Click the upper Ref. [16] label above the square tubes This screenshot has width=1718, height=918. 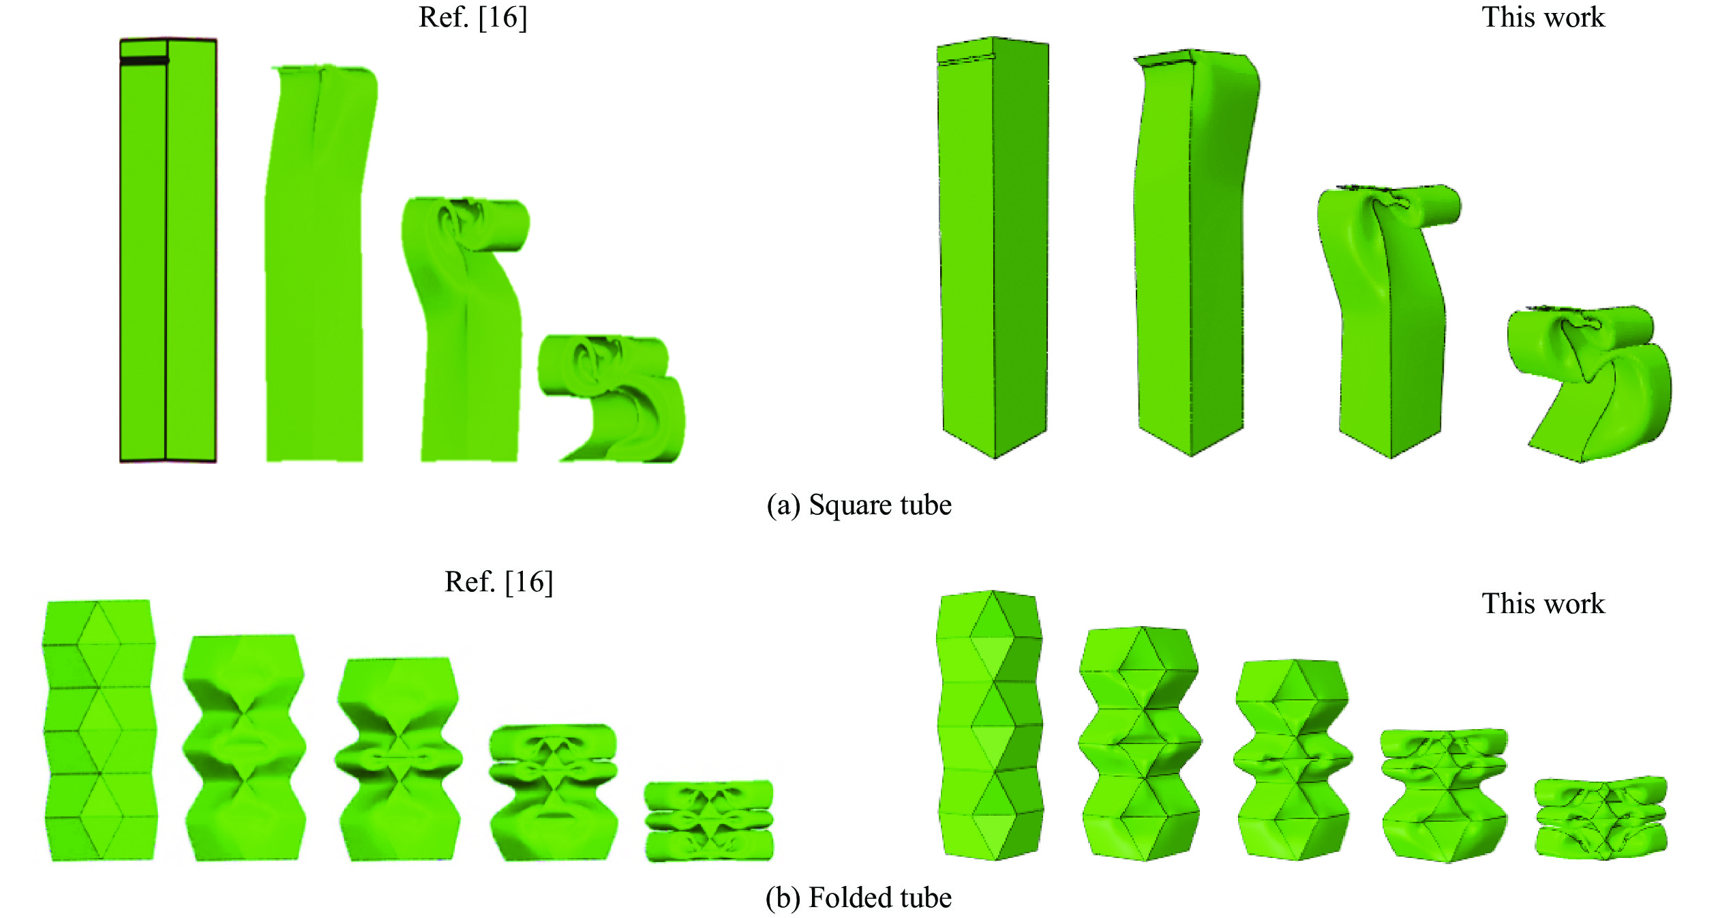tap(472, 18)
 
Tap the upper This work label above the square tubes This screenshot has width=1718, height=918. tap(1543, 17)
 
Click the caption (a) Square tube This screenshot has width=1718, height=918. tap(859, 505)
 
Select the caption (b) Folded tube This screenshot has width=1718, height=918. tap(858, 898)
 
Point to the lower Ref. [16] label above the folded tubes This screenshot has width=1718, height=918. tap(498, 582)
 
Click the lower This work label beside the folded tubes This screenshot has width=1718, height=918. tap(1543, 604)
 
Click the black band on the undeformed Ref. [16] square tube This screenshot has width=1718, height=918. tap(144, 61)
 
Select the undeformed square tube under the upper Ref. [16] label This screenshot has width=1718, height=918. tap(168, 250)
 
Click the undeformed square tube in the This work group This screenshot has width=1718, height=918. tap(993, 248)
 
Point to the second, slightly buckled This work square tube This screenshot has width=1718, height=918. tap(1194, 252)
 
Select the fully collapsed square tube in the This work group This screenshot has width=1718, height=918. tap(1589, 384)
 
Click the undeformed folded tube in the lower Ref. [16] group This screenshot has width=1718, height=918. tap(100, 730)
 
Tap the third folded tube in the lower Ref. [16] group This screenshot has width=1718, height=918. tap(400, 758)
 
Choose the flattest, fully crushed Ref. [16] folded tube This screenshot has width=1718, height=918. tap(709, 820)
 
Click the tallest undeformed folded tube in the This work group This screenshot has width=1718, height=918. tap(991, 725)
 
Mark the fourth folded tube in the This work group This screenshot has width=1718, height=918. tap(1444, 795)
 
